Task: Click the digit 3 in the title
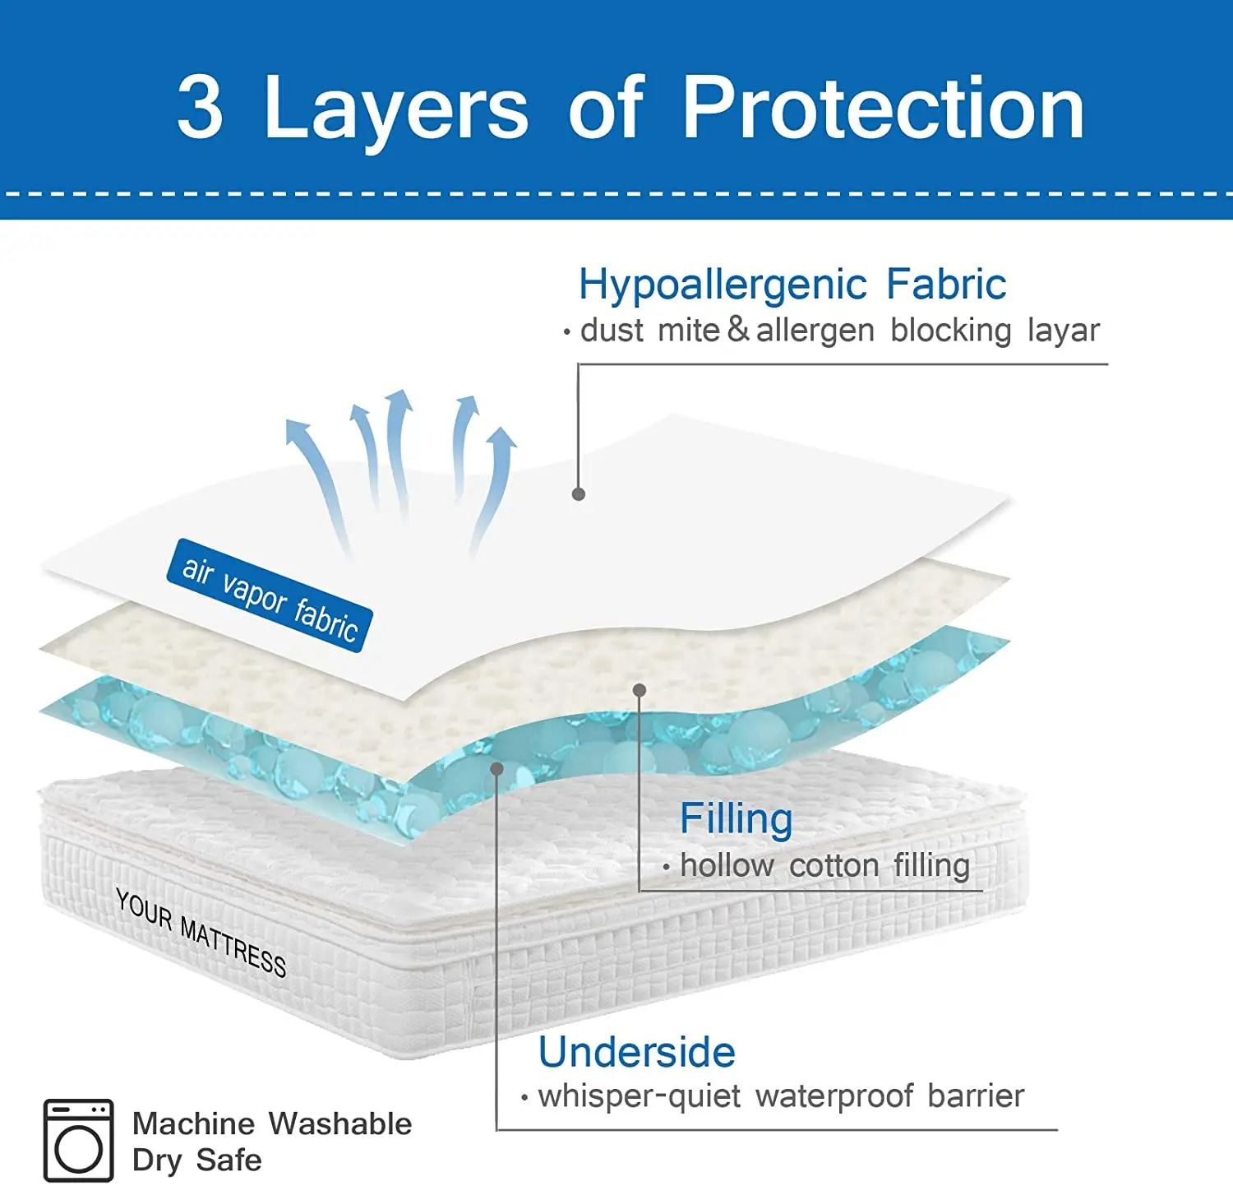(x=200, y=107)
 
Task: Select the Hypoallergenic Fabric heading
(x=792, y=285)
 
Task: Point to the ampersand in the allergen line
(x=737, y=329)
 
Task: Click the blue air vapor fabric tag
(x=270, y=595)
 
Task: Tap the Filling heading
(x=736, y=819)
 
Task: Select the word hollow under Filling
(x=727, y=865)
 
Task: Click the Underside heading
(x=636, y=1052)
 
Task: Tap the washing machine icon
(x=79, y=1141)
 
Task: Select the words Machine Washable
(x=272, y=1123)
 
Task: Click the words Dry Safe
(x=197, y=1161)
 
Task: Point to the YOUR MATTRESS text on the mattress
(x=201, y=933)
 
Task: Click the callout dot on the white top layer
(x=579, y=493)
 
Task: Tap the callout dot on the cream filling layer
(x=640, y=690)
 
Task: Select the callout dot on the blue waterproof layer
(x=496, y=768)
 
